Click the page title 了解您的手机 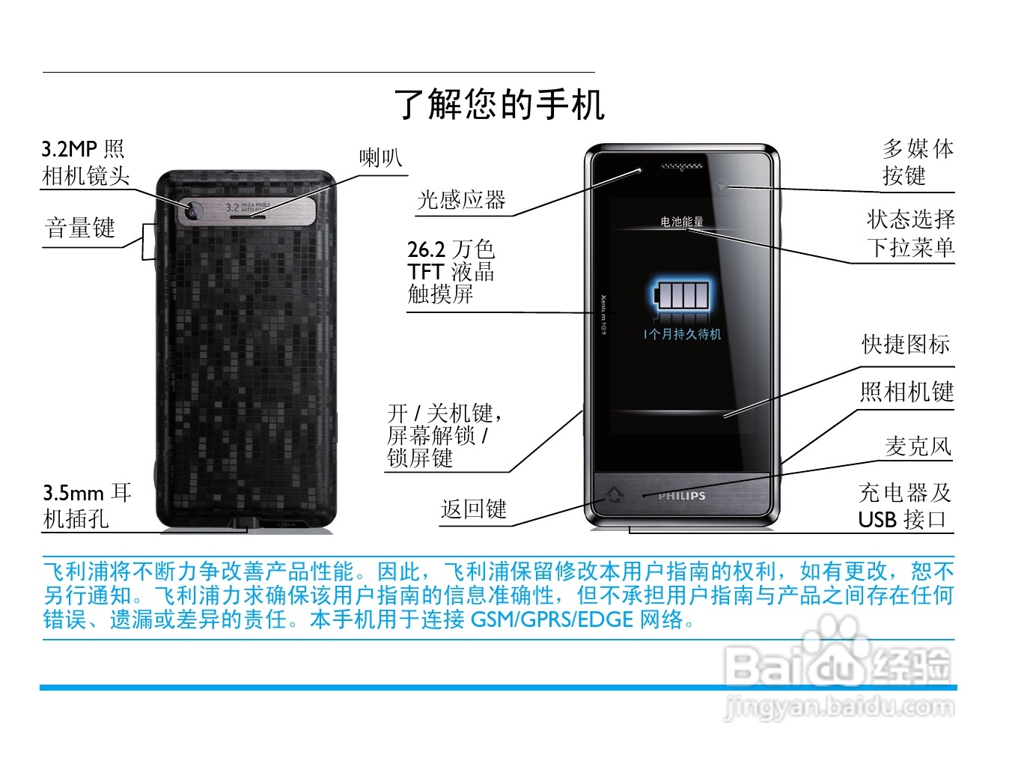click(x=499, y=104)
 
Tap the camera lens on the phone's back click(x=194, y=210)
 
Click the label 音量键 click(x=80, y=228)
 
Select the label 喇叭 click(x=381, y=157)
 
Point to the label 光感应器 click(x=461, y=200)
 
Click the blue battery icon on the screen click(x=682, y=295)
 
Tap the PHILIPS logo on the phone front click(x=682, y=496)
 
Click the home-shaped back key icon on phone click(x=614, y=495)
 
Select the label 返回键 click(x=474, y=509)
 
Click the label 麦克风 click(x=918, y=447)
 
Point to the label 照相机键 click(x=906, y=392)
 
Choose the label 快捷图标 click(x=906, y=345)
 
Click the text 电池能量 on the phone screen click(x=682, y=222)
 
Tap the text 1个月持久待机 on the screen click(x=683, y=334)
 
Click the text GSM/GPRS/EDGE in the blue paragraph click(x=552, y=620)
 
